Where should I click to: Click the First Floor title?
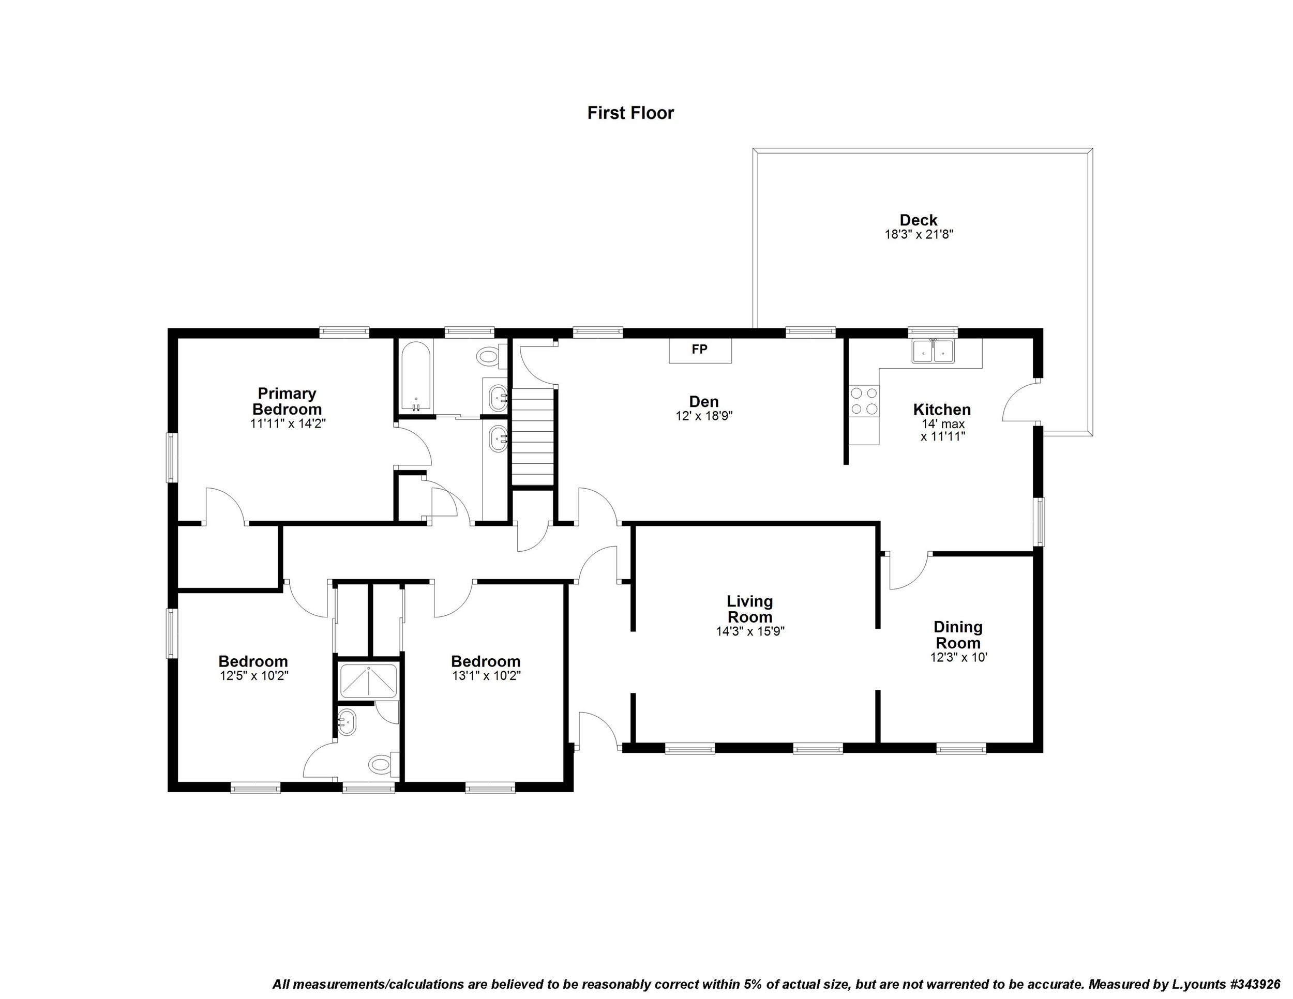(630, 113)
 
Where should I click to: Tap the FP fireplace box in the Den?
(700, 350)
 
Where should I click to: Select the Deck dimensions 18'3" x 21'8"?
(918, 234)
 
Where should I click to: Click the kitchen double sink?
(933, 351)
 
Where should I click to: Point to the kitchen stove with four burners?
(864, 401)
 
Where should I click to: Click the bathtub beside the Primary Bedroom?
(416, 376)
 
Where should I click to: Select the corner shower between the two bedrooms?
(368, 681)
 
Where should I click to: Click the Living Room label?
(749, 609)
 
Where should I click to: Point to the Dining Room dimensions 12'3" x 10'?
(958, 658)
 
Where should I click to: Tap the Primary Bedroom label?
(287, 401)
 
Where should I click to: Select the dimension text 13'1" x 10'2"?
(486, 676)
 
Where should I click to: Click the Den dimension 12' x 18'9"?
(704, 416)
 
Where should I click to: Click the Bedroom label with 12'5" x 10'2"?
(253, 661)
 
